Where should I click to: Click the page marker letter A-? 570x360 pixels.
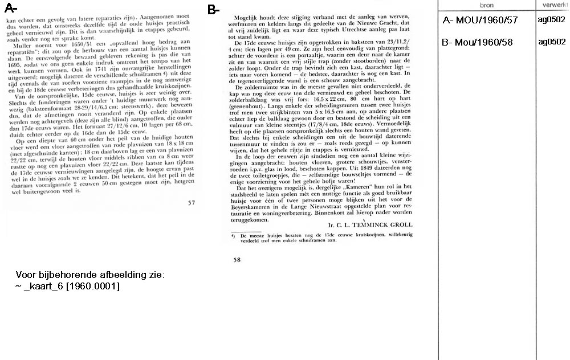click(11, 9)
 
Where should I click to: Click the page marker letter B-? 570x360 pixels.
click(213, 10)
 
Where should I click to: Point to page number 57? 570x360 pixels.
click(192, 202)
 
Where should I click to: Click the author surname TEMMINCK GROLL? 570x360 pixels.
click(381, 224)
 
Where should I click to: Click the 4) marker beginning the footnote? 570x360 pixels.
click(234, 235)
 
